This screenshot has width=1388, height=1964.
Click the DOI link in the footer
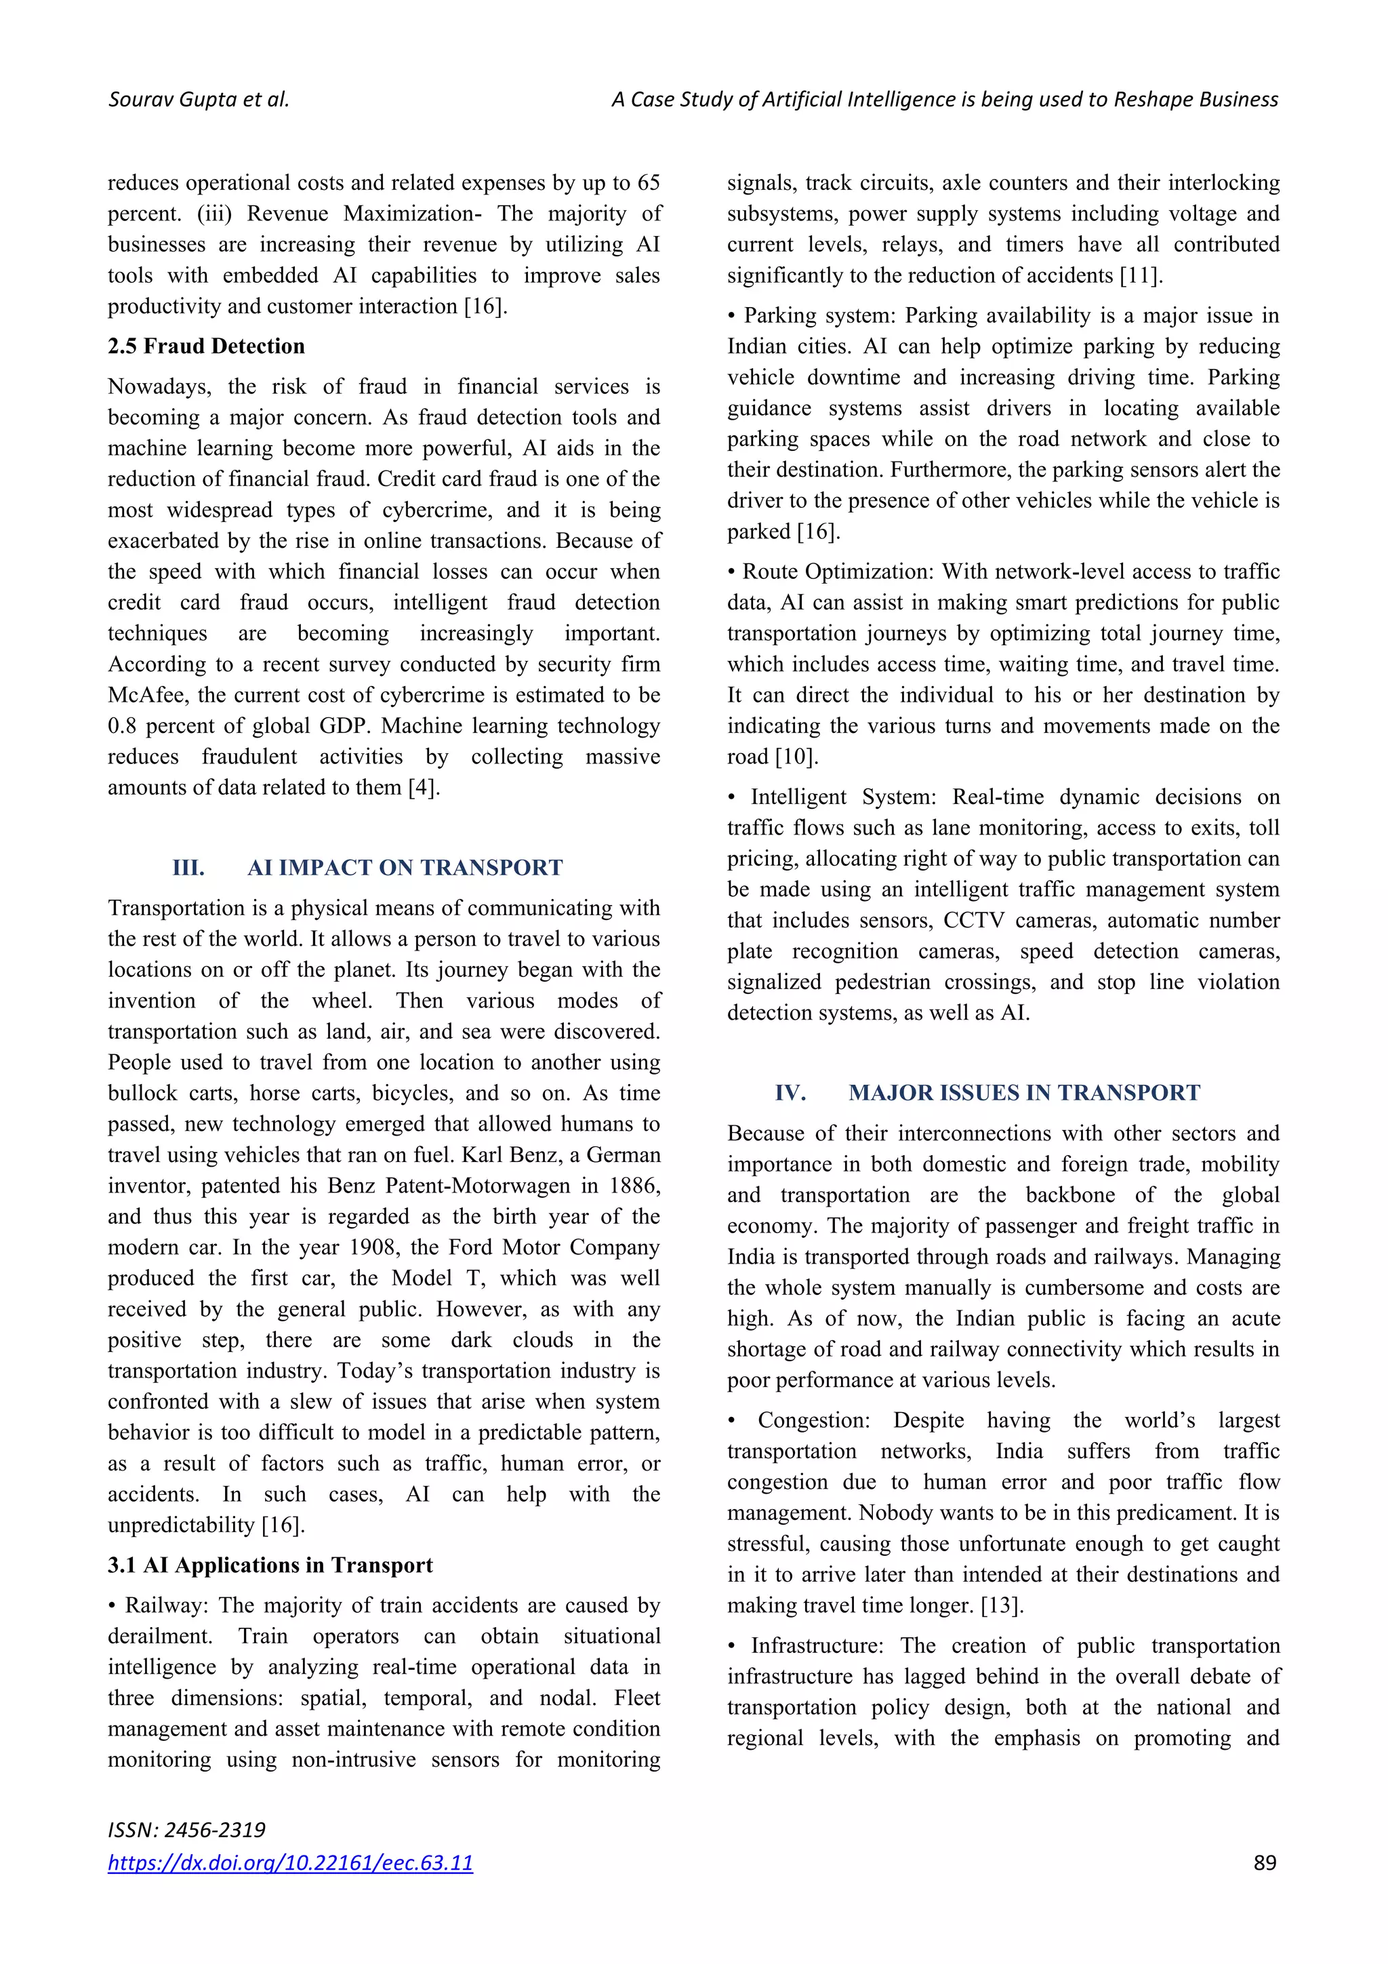click(290, 1862)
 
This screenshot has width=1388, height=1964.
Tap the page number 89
click(1264, 1862)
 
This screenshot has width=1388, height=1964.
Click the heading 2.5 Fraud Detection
click(206, 346)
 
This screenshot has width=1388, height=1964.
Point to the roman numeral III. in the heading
click(188, 868)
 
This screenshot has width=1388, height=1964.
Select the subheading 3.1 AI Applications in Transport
click(270, 1565)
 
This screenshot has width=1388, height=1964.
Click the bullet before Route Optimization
click(731, 572)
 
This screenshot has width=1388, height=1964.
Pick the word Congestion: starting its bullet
click(813, 1421)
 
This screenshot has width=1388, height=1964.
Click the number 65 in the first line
click(648, 183)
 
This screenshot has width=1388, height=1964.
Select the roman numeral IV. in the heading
click(790, 1094)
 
